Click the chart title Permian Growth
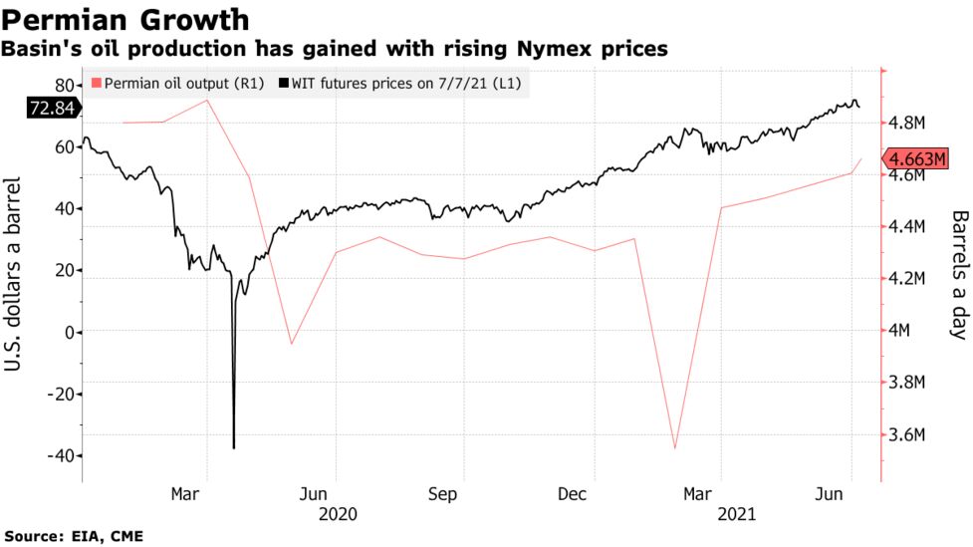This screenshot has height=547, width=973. click(124, 20)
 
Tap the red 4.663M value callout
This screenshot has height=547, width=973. click(916, 159)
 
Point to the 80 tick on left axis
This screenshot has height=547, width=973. click(66, 85)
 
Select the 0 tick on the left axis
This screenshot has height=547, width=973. click(71, 332)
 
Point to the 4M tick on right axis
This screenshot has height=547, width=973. click(907, 331)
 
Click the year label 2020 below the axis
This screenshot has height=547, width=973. click(336, 514)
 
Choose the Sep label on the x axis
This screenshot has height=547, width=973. click(463, 493)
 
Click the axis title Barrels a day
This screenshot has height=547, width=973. click(958, 274)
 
